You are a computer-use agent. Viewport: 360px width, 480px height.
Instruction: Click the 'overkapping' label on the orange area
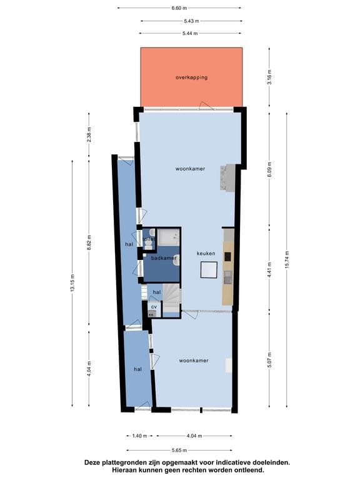coord(191,78)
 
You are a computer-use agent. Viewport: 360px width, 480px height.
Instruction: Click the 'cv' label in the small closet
coord(152,307)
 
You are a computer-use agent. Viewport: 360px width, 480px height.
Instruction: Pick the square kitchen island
coord(208,270)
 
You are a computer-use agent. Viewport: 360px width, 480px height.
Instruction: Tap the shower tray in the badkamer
coord(168,237)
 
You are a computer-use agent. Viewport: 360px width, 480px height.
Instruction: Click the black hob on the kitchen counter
coord(228,256)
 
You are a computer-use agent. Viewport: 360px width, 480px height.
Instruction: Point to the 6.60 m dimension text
coord(179,8)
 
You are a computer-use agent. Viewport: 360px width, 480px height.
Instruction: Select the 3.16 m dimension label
coord(269,78)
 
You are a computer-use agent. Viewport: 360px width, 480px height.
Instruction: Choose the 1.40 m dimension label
coord(139,436)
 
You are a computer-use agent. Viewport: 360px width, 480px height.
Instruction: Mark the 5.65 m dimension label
coord(179,449)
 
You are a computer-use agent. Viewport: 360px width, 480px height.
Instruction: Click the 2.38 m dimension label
coord(89,138)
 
